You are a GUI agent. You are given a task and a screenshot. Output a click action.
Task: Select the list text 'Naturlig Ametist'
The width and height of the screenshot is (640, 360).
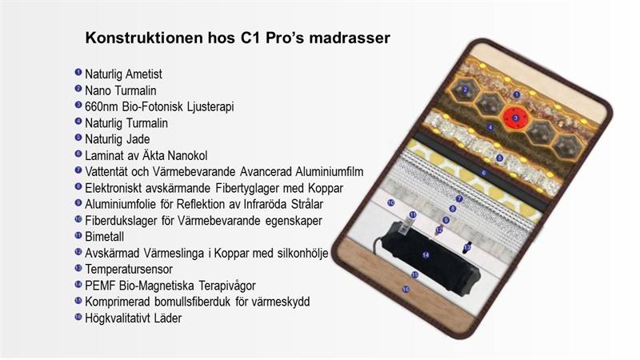(123, 74)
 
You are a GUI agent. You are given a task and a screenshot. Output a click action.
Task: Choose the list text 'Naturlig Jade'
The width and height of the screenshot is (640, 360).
(117, 139)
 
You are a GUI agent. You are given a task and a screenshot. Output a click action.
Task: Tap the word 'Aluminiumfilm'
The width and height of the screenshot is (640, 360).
(329, 172)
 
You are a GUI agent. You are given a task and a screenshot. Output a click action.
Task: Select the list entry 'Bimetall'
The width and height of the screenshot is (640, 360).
(105, 237)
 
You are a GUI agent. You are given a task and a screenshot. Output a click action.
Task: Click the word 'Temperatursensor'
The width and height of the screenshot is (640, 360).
(129, 270)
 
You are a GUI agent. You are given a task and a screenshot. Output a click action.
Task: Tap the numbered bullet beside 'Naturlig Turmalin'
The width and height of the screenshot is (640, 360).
(78, 122)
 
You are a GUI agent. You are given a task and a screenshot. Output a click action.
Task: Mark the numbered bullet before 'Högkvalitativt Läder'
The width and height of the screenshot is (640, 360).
(78, 316)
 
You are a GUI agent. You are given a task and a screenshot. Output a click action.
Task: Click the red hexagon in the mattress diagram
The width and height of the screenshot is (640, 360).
(515, 118)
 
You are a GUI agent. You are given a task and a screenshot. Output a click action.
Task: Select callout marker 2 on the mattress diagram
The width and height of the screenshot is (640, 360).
(465, 90)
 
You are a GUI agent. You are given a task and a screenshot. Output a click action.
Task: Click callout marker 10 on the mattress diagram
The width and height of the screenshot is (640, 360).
(391, 202)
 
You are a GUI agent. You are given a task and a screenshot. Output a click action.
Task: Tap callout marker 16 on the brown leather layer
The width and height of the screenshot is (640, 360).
(406, 290)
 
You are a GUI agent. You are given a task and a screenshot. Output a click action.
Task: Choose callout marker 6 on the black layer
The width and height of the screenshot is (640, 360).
(484, 173)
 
